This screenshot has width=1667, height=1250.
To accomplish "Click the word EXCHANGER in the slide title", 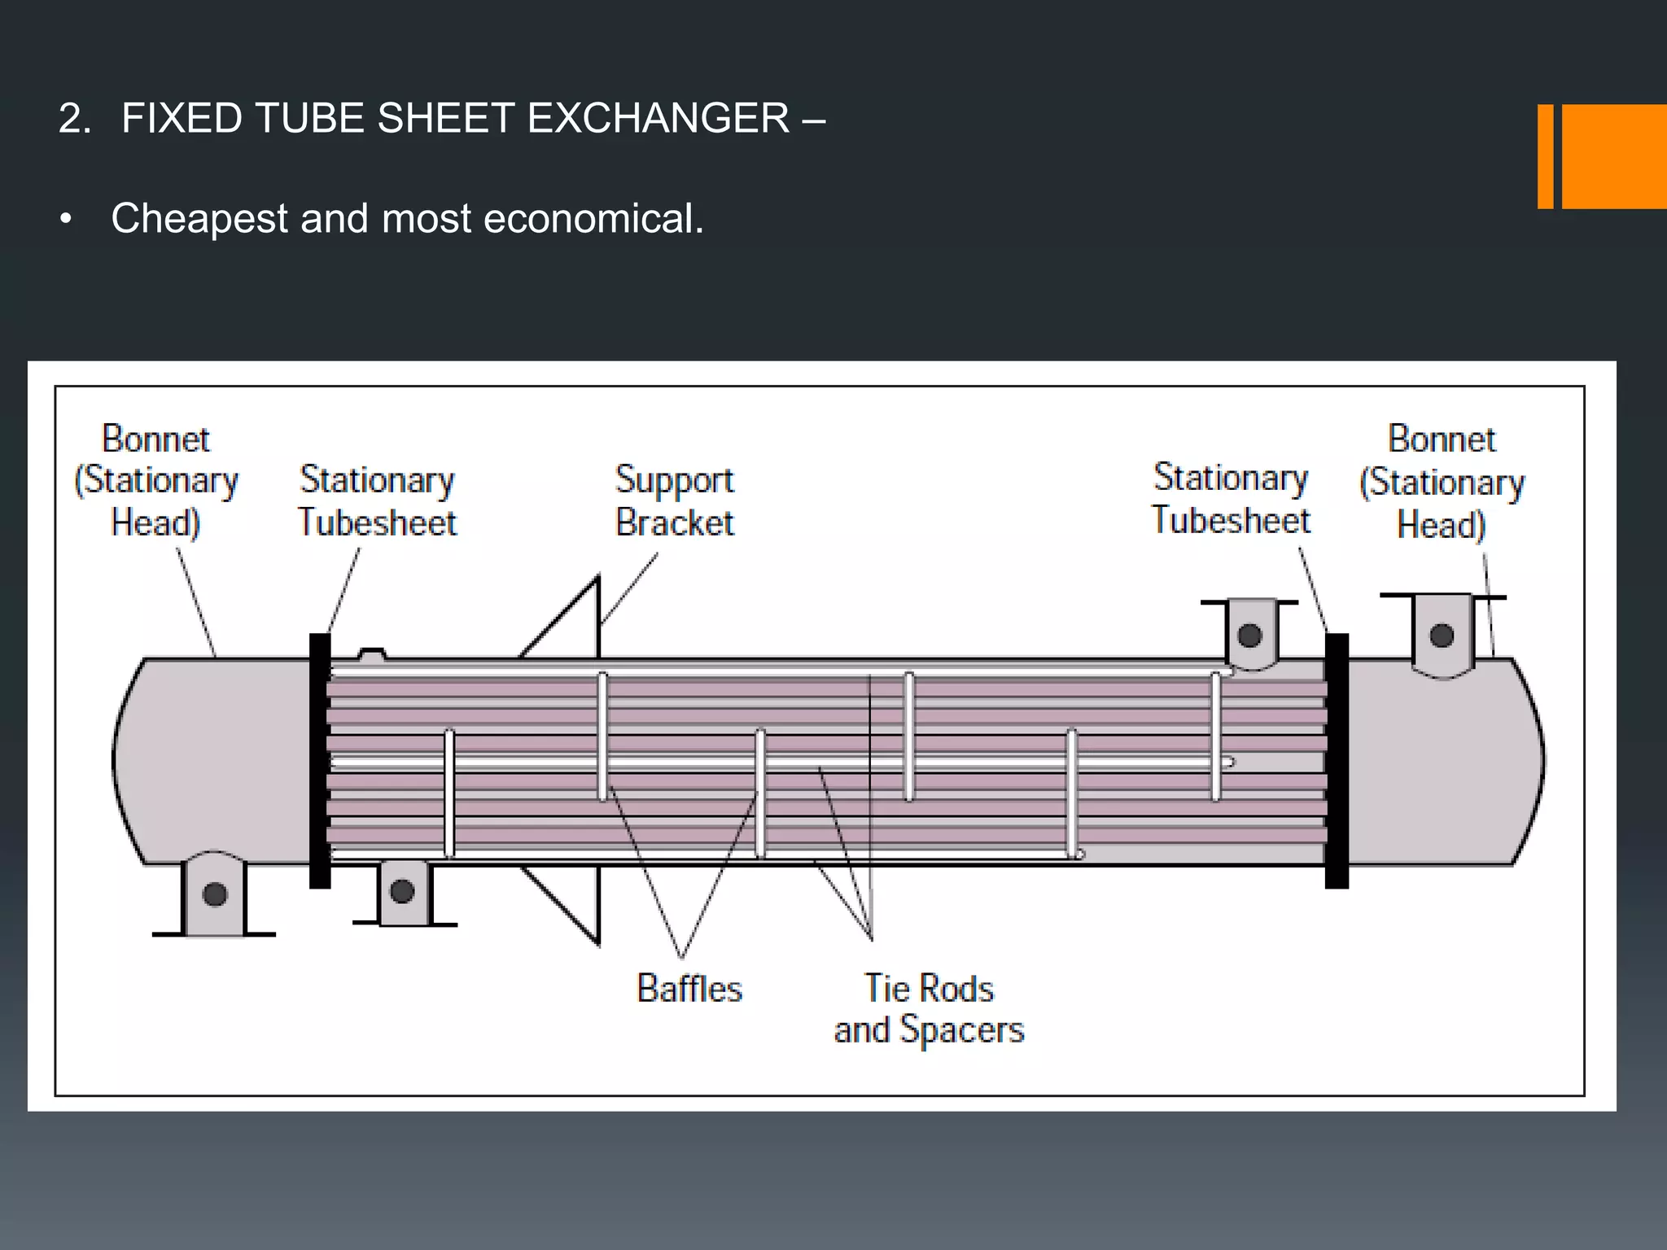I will point(658,119).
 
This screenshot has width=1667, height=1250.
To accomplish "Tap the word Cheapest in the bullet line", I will point(199,219).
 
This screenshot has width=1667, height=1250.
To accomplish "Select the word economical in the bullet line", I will point(593,219).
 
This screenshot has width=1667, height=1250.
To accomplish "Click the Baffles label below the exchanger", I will point(689,989).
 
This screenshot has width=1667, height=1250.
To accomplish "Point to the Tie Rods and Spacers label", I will point(929,1009).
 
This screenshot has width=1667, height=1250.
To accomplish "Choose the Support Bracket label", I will point(675,500).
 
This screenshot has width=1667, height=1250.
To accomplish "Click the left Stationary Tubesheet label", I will point(377,500).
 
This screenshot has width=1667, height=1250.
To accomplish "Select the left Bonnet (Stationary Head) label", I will point(155,480).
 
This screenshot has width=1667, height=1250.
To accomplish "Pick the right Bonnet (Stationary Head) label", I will point(1442,482).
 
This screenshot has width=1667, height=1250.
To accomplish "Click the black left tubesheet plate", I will point(320,761).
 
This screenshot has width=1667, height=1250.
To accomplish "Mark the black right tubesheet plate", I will point(1337,761).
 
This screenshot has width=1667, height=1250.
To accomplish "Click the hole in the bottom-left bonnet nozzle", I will point(215,894).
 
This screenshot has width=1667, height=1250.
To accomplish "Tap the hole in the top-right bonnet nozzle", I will point(1442,636).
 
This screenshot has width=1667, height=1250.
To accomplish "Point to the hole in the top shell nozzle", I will point(1249,636).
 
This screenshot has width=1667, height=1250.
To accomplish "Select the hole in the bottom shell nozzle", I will point(402,891).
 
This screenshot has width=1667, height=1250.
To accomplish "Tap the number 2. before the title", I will point(74,119).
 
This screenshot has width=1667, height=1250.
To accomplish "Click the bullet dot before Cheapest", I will point(66,220).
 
